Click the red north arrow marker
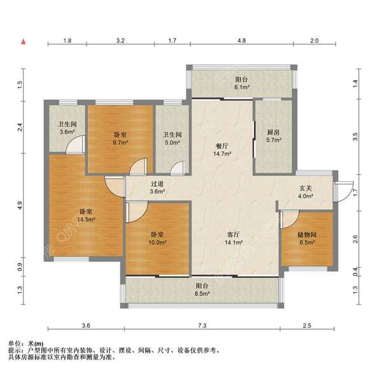24,42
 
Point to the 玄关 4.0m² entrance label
306,191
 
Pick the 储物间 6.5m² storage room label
306,238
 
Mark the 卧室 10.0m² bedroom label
157,238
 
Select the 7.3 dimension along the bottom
202,326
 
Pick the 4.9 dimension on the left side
21,205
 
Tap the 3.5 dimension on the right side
356,135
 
